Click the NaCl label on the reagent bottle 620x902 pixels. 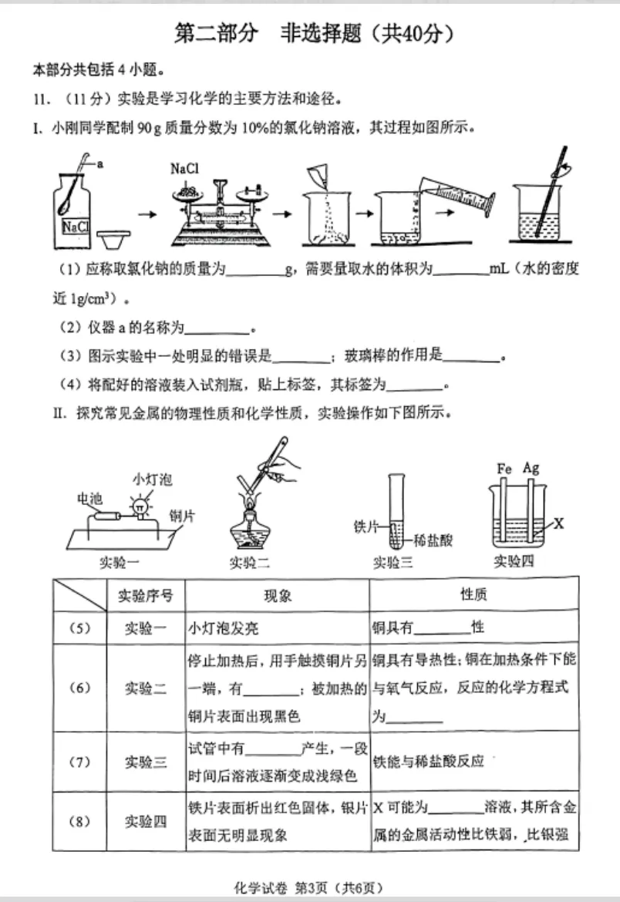[76, 226]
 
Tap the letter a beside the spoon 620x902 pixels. [99, 164]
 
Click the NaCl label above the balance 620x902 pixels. [186, 168]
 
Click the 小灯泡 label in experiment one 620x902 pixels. [152, 480]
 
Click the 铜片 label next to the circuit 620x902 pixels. [181, 515]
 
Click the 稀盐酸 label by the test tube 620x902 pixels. [433, 540]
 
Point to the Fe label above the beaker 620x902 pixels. [505, 468]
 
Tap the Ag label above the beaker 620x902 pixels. [531, 468]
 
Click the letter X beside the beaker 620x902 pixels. [559, 523]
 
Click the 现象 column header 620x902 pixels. [277, 595]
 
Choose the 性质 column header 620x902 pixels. [473, 595]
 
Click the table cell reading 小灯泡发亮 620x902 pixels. [224, 628]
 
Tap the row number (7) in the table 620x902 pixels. [80, 762]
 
